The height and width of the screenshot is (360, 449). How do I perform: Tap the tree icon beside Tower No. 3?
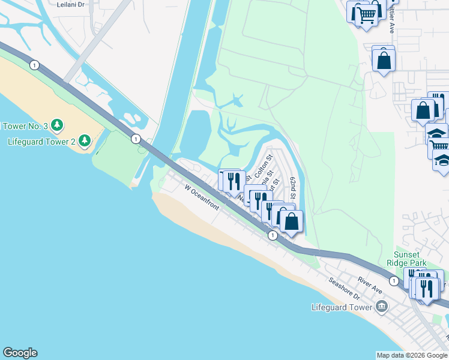57,125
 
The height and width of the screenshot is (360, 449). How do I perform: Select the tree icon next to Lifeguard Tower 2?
84,141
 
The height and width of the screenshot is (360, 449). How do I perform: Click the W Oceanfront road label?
202,198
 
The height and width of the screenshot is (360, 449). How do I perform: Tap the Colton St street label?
262,166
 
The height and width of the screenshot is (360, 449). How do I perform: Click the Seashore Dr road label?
343,288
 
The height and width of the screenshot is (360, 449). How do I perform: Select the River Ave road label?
370,285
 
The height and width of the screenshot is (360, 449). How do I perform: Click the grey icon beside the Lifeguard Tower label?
381,308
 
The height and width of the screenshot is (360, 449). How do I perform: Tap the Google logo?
20,353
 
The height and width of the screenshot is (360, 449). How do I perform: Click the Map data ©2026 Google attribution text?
411,355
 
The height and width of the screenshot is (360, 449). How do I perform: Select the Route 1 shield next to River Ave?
393,281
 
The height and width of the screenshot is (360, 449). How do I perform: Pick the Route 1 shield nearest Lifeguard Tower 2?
136,139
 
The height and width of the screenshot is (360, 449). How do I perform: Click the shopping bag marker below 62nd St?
291,221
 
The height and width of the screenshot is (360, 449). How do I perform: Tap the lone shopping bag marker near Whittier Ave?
384,60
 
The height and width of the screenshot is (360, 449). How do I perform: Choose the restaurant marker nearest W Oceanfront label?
234,181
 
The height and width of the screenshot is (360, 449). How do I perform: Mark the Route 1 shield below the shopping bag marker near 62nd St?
273,236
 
